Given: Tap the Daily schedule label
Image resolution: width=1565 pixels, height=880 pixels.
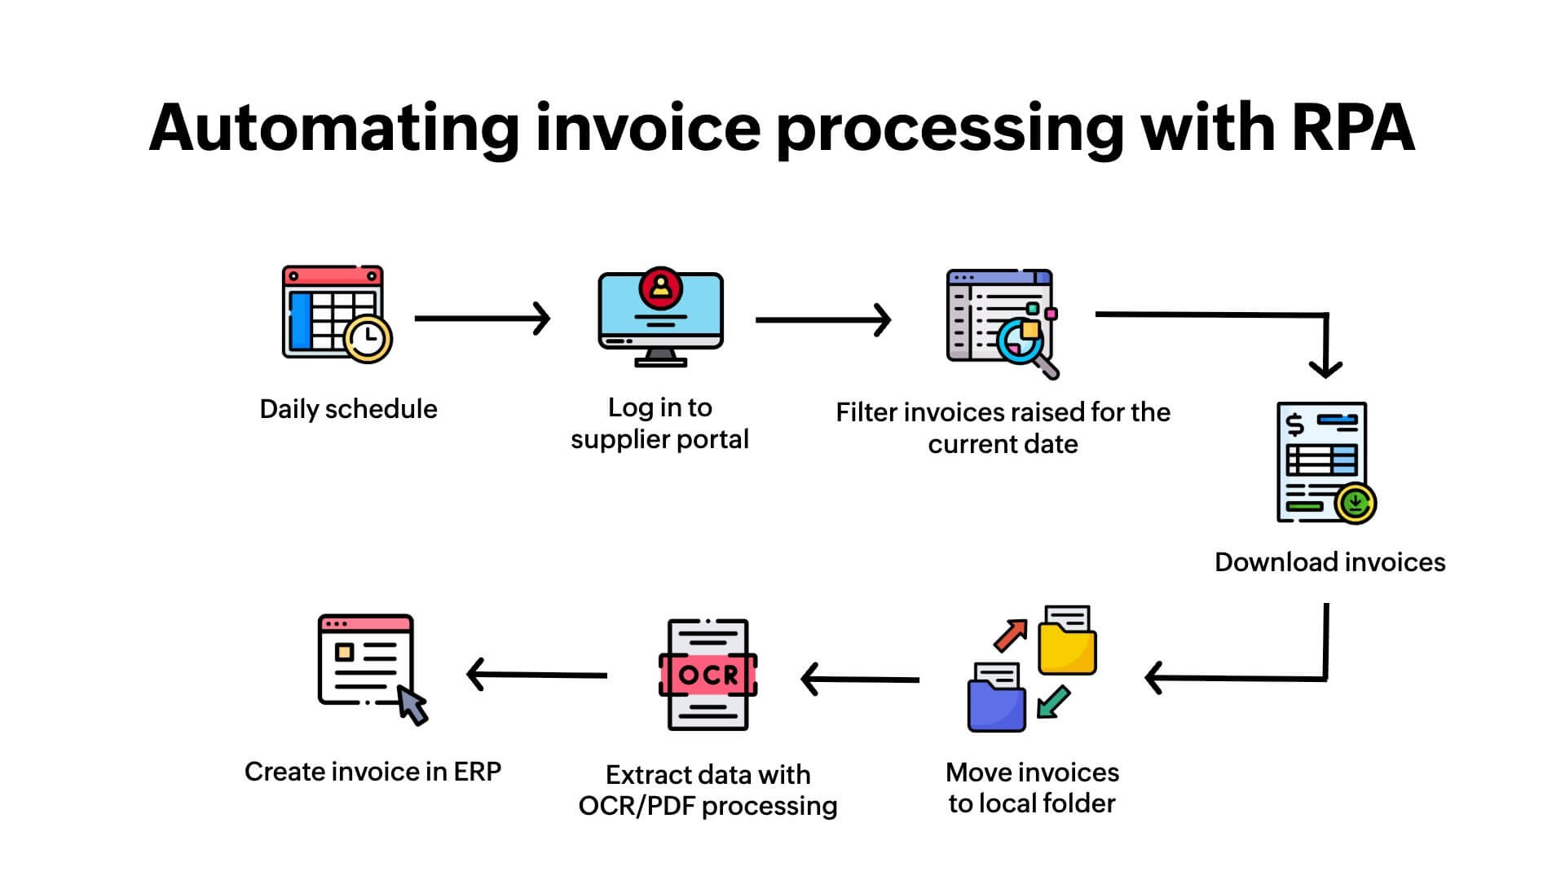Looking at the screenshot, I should click(x=348, y=409).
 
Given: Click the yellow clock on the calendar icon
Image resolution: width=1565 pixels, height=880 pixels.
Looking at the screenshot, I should click(x=368, y=337).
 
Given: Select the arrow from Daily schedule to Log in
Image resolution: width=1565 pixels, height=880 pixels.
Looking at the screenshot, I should click(x=482, y=318).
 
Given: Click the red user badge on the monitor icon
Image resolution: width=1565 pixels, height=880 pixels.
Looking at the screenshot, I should click(x=660, y=287).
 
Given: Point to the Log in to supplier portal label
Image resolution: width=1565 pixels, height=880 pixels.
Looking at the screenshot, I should click(x=659, y=423).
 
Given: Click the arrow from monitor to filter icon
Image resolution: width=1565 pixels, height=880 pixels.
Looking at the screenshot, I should click(x=822, y=319).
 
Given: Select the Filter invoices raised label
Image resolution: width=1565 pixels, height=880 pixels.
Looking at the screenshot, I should click(x=1003, y=428).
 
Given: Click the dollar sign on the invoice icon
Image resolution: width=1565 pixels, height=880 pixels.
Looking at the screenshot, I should click(x=1294, y=425).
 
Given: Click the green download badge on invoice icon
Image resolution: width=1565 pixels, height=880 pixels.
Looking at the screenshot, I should click(x=1356, y=503).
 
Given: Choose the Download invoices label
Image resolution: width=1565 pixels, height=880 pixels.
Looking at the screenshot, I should click(x=1329, y=562).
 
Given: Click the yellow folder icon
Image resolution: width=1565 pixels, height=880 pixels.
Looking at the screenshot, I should click(x=1067, y=648).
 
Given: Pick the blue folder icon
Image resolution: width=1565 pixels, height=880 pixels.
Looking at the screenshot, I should click(x=996, y=705).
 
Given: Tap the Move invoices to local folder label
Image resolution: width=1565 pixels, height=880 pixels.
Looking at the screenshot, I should click(x=1032, y=788).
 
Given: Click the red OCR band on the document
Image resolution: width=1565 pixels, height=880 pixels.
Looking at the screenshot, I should click(x=708, y=675).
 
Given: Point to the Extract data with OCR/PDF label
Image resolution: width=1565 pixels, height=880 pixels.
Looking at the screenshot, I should click(x=708, y=790).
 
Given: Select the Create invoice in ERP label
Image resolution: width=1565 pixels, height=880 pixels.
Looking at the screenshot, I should click(x=373, y=772).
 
